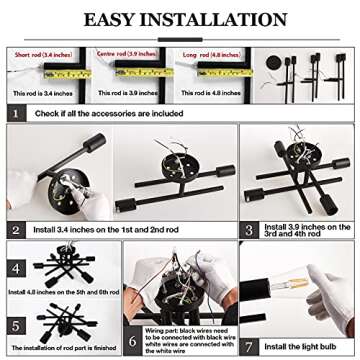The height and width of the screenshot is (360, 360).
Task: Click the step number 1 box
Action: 16,112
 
